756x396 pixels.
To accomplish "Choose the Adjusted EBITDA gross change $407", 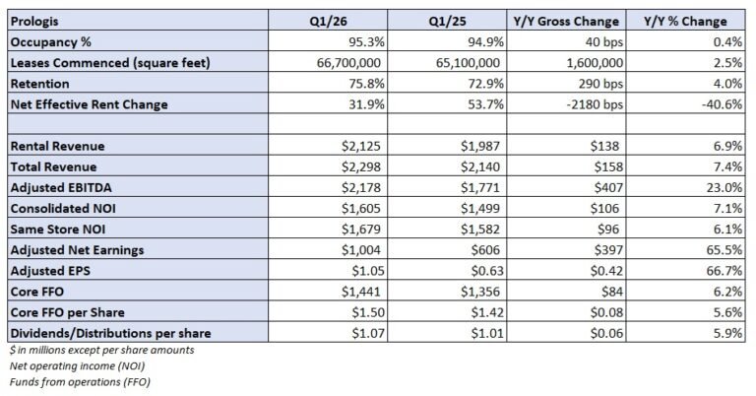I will pyautogui.click(x=604, y=187).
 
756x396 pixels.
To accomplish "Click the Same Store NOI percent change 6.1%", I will pyautogui.click(x=715, y=229).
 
